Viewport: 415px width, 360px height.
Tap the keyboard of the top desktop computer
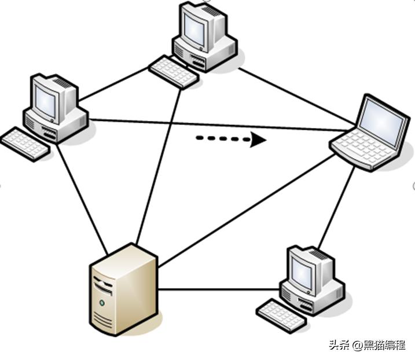tap(173, 72)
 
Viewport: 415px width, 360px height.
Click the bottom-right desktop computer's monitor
tap(304, 270)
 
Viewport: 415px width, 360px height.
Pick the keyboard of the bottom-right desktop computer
tap(281, 314)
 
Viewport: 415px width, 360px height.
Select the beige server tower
tap(123, 289)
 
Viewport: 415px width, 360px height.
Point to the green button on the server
tap(102, 302)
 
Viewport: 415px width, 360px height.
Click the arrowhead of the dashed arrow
tap(258, 139)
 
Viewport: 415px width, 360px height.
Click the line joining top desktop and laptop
tap(295, 96)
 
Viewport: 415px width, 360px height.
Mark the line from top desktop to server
tap(157, 168)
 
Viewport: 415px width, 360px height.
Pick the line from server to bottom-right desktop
tap(220, 289)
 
